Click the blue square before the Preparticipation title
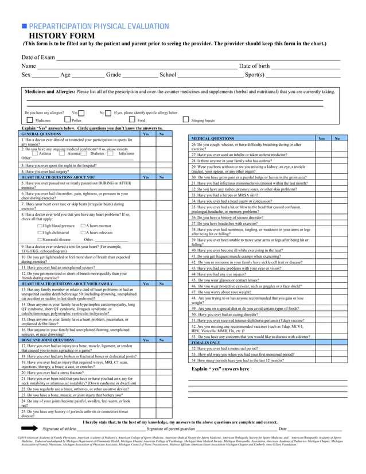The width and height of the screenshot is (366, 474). pos(24,26)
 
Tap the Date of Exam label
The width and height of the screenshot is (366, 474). pos(38,57)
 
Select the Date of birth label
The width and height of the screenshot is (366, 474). pos(254,66)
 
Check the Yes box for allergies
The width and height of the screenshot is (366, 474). pos(81,113)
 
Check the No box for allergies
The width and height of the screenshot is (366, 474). pos(108,113)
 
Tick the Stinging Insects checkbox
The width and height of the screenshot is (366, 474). pos(186,121)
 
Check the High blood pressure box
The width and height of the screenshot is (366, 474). pos(40,226)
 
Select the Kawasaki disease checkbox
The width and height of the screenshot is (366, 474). pos(40,239)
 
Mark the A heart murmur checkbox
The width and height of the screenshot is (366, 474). pos(83,226)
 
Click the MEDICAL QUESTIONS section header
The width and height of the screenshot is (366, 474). pos(212,138)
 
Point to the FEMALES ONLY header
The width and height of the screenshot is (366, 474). pos(205,343)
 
